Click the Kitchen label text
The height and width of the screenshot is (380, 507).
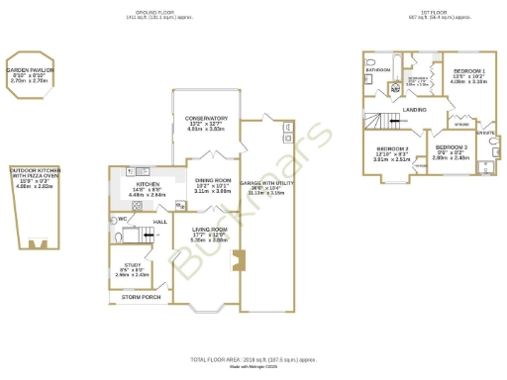click(149, 184)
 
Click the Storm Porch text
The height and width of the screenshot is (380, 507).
click(141, 297)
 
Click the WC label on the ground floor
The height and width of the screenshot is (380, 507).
click(121, 219)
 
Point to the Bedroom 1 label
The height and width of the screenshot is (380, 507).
click(468, 71)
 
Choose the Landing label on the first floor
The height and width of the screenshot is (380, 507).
click(415, 110)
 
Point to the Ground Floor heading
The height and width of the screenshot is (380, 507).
click(155, 12)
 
